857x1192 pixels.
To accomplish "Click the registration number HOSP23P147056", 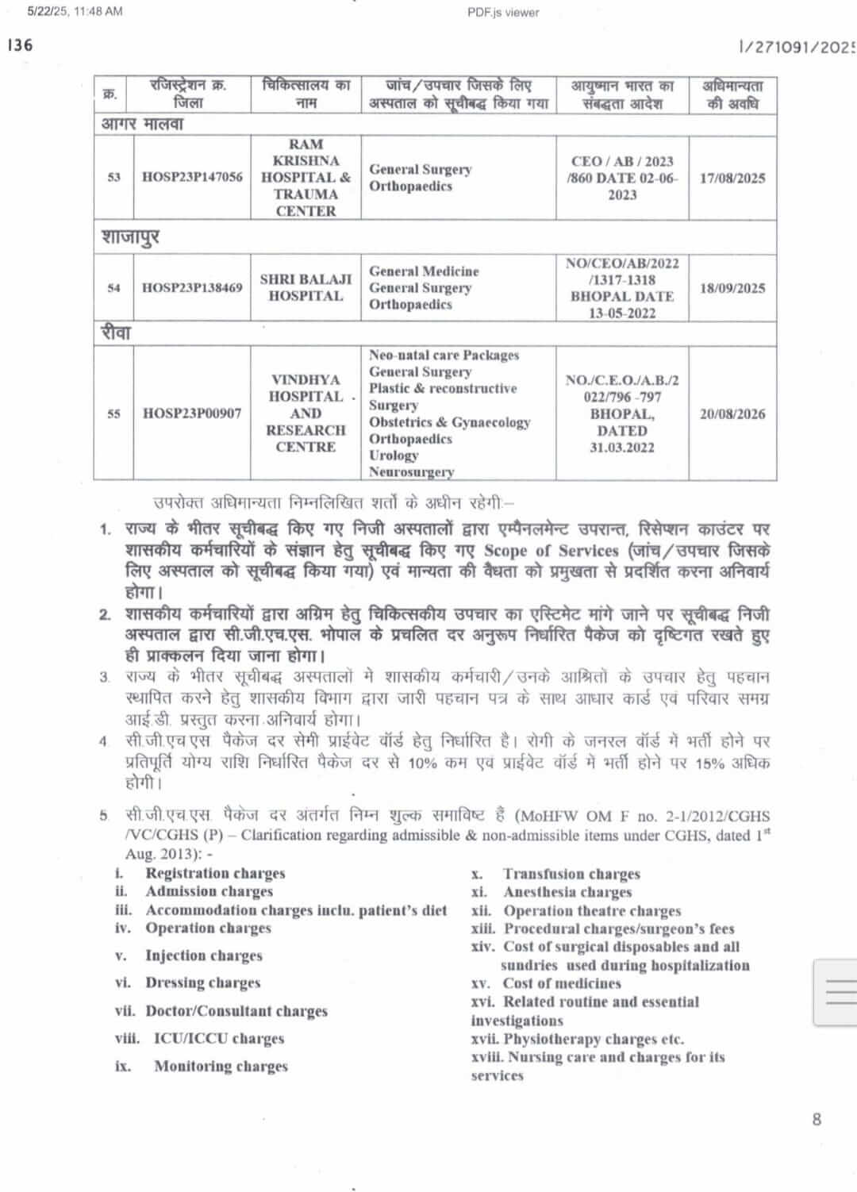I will coord(192,177).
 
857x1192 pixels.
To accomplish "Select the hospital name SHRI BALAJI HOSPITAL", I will coord(306,287).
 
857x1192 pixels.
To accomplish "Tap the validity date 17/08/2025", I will coord(732,178).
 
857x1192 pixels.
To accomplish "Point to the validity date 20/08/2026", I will coord(732,413).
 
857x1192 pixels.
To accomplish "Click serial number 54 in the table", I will coord(113,288).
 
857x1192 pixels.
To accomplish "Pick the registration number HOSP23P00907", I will coord(192,413).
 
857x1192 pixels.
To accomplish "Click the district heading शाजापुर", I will coord(130,237).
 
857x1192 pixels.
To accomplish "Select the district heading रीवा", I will coord(116,333).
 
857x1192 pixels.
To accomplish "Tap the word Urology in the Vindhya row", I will coord(394,456).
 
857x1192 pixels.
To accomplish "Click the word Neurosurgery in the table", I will coord(411,471).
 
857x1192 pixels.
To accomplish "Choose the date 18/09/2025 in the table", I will coord(732,288).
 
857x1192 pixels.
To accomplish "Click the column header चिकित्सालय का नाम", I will coord(306,94).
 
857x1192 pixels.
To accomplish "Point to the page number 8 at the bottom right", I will coord(817,1119).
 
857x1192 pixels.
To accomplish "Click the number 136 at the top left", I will coord(21,45).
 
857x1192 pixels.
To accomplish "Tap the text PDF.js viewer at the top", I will coord(503,12).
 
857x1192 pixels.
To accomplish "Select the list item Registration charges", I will coord(215,873).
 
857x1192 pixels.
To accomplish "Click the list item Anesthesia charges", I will coord(567,892).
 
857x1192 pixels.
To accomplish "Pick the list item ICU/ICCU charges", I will coord(218,1038).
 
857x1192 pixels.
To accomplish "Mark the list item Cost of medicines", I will coord(562,983).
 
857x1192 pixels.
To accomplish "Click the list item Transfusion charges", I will coord(571,874).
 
